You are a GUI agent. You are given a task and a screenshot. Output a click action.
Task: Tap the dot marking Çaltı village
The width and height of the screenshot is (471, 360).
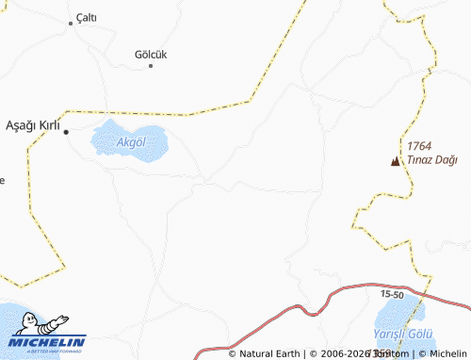[71, 24]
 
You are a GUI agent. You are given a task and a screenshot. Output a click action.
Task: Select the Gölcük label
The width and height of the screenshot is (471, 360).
[151, 54]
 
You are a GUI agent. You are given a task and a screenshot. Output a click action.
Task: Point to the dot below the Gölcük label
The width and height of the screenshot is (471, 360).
[151, 65]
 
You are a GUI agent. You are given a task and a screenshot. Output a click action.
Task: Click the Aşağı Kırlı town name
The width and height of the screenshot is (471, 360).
[33, 125]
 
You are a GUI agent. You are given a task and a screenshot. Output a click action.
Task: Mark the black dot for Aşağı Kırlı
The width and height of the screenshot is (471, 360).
[66, 133]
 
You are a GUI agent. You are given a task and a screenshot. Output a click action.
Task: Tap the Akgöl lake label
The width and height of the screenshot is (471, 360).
[130, 142]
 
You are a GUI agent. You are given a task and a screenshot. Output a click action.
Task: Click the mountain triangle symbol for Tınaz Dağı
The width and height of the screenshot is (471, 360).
[394, 161]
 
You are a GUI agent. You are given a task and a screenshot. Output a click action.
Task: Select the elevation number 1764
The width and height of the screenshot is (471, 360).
[419, 146]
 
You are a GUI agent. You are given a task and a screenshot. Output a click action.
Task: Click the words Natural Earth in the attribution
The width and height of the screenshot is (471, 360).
[269, 354]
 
